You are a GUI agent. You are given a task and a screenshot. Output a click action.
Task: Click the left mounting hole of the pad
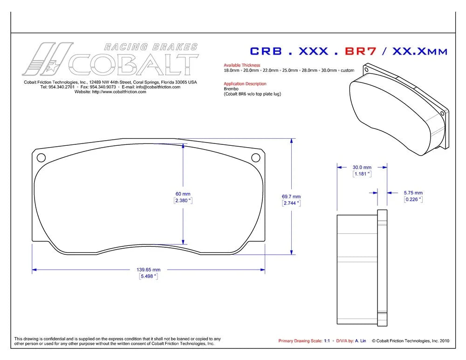(41, 157)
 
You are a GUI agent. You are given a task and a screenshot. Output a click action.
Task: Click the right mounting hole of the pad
(255, 157)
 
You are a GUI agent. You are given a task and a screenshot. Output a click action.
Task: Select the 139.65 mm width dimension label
(148, 270)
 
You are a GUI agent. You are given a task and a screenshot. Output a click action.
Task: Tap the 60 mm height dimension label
(183, 194)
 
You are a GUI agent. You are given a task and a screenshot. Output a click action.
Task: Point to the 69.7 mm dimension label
(291, 197)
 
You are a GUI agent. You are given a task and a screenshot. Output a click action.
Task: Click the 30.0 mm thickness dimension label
(362, 168)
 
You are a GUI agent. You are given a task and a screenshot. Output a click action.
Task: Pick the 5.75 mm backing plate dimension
(413, 193)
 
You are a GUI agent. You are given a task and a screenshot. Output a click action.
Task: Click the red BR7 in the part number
(361, 51)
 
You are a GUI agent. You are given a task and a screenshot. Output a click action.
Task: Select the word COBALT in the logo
(133, 64)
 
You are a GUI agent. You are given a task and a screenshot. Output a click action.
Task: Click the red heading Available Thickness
(242, 65)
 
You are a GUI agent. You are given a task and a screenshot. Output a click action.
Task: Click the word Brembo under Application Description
(231, 89)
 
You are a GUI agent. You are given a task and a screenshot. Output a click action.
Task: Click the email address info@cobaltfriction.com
(158, 87)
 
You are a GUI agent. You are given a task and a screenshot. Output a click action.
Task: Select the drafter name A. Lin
(361, 341)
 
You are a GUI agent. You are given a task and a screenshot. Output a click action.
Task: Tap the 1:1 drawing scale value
(327, 341)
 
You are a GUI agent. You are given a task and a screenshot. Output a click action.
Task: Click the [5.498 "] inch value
(148, 276)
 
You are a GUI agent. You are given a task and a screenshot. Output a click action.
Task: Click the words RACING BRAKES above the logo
(151, 47)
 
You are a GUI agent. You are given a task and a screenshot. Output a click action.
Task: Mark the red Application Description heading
(245, 84)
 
